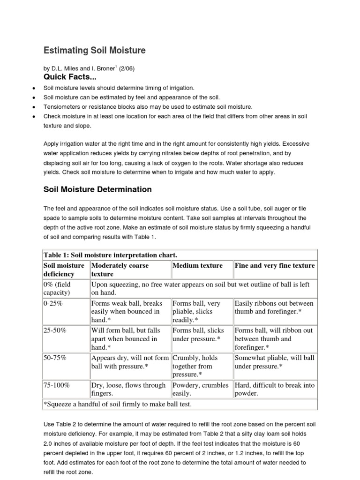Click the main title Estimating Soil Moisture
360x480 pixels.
[x=94, y=50]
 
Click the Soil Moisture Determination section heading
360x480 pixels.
[x=97, y=189]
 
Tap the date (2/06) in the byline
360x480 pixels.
[x=127, y=68]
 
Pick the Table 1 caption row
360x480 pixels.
[x=110, y=255]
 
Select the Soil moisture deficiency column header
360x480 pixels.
[x=64, y=270]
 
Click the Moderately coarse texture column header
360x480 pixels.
[x=120, y=270]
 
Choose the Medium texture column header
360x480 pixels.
[x=198, y=265]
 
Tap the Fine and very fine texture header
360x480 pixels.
[x=275, y=265]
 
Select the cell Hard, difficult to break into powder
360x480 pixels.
[x=274, y=390]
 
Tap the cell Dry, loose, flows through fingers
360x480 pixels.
[x=128, y=390]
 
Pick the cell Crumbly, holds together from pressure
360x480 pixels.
[x=197, y=366]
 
